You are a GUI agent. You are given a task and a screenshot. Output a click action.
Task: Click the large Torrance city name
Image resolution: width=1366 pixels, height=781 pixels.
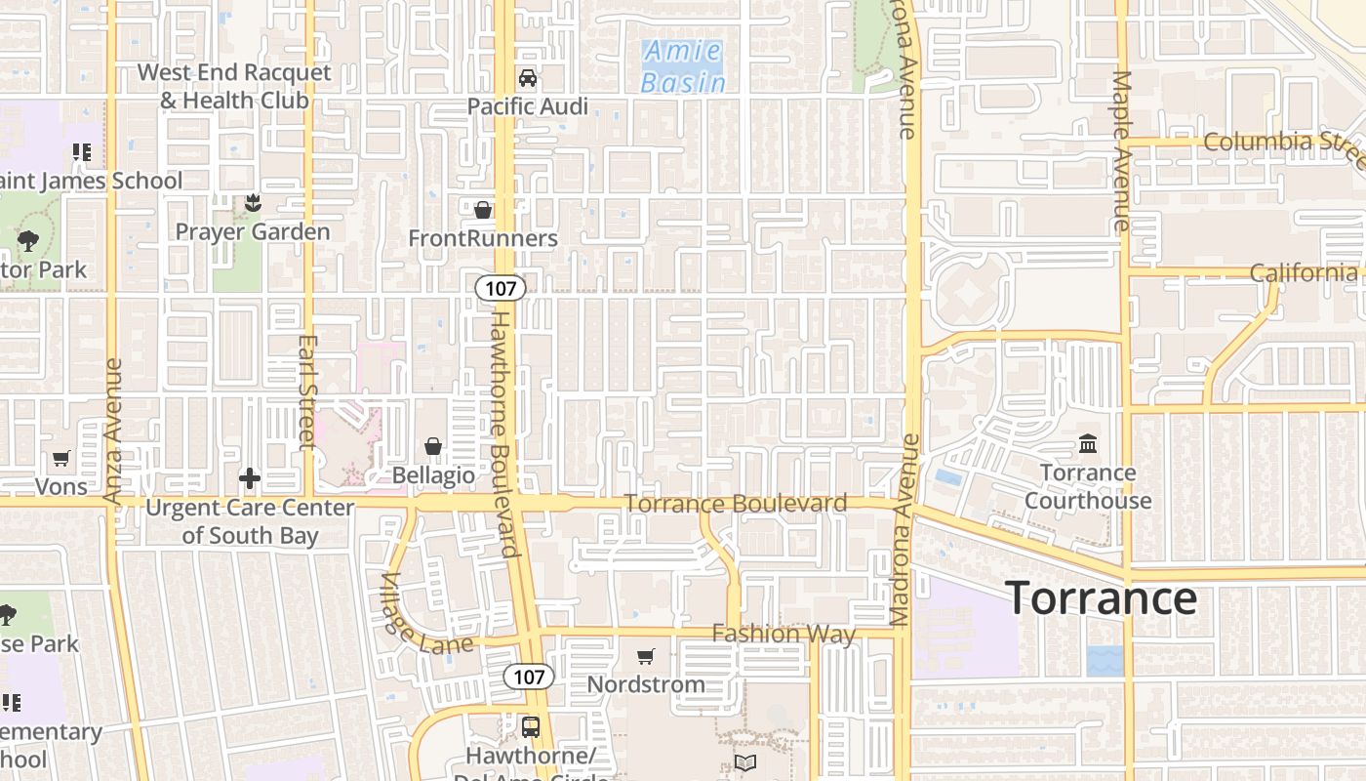[1101, 597]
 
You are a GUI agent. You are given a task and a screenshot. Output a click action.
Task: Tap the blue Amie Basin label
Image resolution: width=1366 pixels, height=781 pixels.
[684, 66]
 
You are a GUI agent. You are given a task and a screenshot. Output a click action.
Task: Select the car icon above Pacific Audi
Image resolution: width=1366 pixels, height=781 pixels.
[528, 78]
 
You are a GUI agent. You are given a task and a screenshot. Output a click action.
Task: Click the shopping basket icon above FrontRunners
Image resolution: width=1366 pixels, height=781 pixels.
[482, 209]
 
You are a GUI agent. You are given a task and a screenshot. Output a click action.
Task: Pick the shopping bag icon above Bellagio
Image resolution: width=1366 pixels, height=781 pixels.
[433, 447]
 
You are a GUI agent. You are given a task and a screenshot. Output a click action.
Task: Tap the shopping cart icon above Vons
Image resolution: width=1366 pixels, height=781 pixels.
[61, 458]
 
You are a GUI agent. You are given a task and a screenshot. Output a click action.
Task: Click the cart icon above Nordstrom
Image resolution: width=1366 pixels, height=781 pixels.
[645, 657]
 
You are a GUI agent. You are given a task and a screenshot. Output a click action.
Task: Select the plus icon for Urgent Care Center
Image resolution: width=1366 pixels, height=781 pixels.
[250, 478]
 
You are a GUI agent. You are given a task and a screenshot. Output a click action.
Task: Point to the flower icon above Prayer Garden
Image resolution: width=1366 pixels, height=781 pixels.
[253, 203]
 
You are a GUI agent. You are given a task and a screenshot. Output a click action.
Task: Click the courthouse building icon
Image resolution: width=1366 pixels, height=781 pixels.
[1088, 444]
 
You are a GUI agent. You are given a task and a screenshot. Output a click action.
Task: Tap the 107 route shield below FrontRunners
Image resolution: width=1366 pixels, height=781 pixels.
[501, 288]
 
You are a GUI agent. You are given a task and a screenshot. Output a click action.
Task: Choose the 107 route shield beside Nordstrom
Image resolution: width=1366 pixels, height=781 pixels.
[529, 676]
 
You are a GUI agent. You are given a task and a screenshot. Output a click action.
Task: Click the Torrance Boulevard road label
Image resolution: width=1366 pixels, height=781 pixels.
[736, 504]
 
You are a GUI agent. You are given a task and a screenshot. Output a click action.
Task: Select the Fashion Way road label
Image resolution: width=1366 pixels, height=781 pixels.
[783, 635]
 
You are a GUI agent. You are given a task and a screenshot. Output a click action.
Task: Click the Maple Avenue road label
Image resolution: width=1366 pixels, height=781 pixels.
[1121, 150]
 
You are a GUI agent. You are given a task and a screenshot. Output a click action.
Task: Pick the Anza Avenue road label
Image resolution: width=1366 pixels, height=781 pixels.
[112, 432]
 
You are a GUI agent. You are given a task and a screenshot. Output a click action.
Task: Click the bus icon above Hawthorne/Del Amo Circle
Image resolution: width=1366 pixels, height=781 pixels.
[530, 727]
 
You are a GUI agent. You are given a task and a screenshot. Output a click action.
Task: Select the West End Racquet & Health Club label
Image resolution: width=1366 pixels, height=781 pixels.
[234, 86]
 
